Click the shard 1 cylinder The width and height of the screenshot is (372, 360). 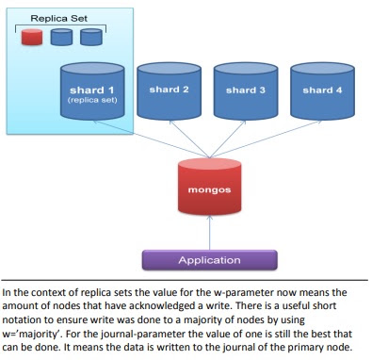(92, 91)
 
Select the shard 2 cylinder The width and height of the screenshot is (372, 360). (169, 91)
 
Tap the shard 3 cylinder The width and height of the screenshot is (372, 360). (246, 91)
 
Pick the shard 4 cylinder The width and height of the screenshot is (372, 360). (322, 91)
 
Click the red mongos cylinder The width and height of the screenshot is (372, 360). (209, 187)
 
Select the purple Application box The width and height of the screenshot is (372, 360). (209, 260)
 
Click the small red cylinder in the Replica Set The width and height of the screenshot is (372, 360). (32, 37)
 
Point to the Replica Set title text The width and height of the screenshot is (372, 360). (59, 18)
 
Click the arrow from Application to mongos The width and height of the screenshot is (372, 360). (210, 233)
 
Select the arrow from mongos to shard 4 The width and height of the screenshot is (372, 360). (267, 139)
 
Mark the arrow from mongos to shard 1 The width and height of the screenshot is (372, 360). (151, 139)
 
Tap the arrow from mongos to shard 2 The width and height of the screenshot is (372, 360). (189, 139)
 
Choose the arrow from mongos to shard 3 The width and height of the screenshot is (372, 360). (228, 139)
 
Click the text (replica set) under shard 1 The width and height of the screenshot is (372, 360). (92, 100)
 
